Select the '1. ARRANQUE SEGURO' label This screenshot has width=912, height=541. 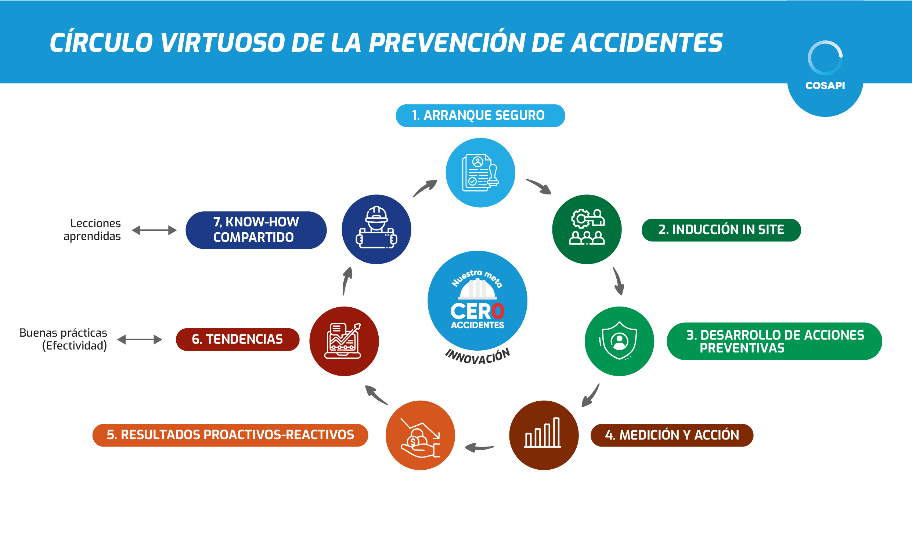[x=480, y=116]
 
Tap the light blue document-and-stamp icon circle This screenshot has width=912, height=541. [x=480, y=173]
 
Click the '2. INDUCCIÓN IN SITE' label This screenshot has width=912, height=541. [x=721, y=230]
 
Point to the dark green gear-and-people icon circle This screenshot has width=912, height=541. [x=587, y=229]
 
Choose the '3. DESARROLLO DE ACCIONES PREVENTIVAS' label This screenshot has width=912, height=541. [x=774, y=341]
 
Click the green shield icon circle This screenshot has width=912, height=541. [x=619, y=341]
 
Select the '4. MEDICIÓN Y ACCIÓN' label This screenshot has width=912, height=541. [x=672, y=435]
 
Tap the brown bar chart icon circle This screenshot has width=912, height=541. [x=544, y=435]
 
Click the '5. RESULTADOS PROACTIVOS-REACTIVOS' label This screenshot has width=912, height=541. [x=230, y=435]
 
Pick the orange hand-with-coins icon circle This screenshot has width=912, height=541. [x=420, y=435]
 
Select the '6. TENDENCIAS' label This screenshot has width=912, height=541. [x=238, y=340]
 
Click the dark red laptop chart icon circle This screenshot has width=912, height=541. [x=344, y=341]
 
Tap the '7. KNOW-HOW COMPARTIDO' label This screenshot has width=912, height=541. [x=256, y=230]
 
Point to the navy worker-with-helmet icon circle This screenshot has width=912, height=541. [x=376, y=229]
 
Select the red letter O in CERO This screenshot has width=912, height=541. [x=498, y=311]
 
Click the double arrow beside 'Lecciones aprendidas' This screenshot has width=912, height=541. [x=154, y=230]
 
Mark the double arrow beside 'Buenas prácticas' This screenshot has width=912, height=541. [x=140, y=340]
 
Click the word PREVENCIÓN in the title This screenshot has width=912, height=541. [x=447, y=43]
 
